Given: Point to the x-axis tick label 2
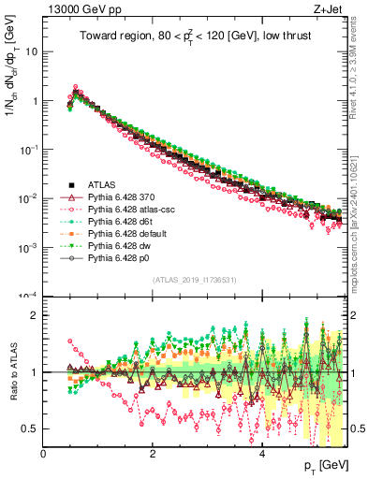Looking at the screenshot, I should point(154,455).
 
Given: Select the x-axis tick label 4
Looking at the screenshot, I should point(263,455).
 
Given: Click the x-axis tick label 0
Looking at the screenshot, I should point(44,455).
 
